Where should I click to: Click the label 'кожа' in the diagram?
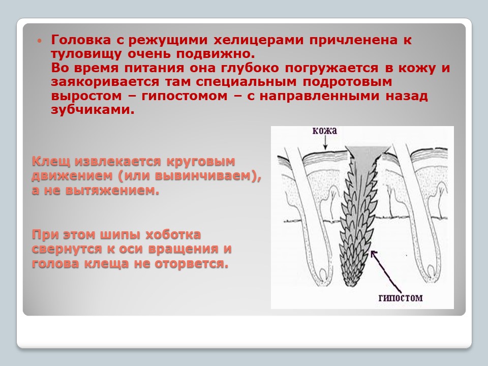pos(325,131)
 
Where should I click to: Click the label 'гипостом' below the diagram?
pos(401,298)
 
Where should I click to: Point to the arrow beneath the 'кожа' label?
pos(325,143)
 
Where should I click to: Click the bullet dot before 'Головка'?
pos(39,41)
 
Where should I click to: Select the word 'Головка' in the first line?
pos(81,40)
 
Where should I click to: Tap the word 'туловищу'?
pos(86,54)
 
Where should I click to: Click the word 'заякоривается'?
pos(105,82)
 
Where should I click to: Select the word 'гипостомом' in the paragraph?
pos(185,96)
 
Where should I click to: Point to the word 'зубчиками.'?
pos(93,110)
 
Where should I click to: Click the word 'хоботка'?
pos(173,234)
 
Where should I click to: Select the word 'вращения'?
pos(184,249)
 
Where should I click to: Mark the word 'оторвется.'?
pos(192,264)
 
